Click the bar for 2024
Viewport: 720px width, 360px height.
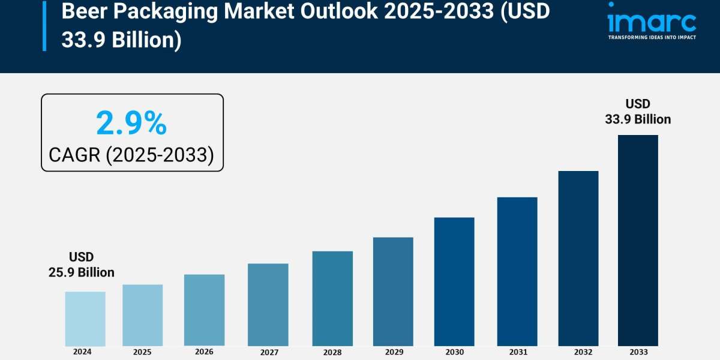pos(85,319)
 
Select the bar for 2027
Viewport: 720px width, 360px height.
pos(268,305)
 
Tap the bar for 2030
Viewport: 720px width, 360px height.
pos(454,281)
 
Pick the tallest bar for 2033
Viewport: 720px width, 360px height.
pos(638,240)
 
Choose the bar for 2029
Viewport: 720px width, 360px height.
pos(393,292)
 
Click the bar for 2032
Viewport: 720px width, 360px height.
pos(578,258)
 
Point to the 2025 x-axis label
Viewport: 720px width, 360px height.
pos(142,352)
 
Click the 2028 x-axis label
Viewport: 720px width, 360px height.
pos(332,352)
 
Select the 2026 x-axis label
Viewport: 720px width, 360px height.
pos(204,352)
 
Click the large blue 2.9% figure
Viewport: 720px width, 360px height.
pos(131,124)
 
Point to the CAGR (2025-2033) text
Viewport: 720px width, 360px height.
pos(131,155)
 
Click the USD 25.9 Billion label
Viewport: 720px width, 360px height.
pos(81,265)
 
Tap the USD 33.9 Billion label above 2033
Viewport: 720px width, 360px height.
pos(638,112)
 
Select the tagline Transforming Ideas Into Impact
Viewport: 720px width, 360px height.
pos(652,37)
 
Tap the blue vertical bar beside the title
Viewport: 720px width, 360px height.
pos(44,25)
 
